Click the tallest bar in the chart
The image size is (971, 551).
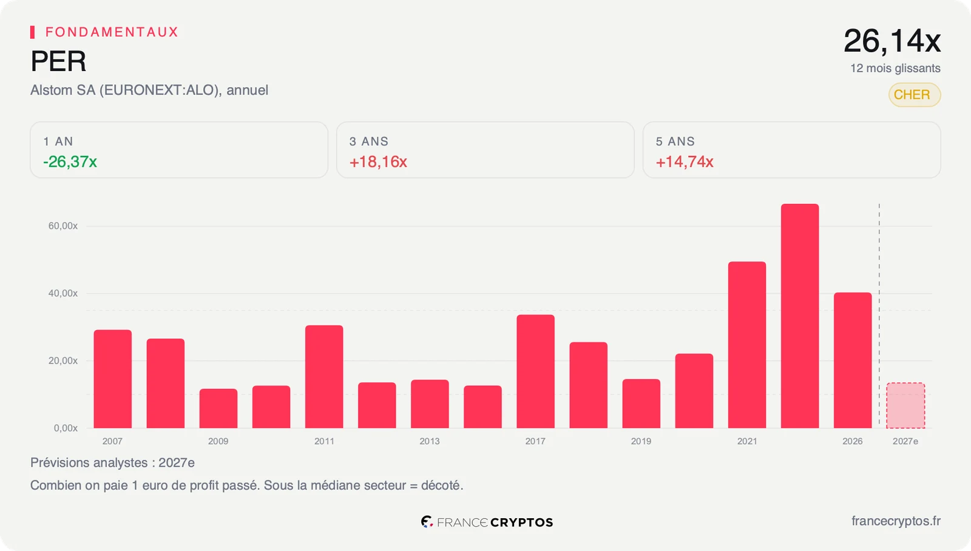pos(800,316)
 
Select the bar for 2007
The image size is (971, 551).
pos(113,379)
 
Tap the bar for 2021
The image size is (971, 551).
pos(747,345)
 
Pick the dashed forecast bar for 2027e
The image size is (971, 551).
pos(905,406)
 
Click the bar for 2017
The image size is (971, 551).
pos(535,371)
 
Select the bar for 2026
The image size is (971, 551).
pos(853,360)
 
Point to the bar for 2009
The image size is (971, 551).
pos(218,408)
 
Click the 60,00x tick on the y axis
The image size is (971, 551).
pos(63,226)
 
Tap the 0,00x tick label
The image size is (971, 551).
pos(66,428)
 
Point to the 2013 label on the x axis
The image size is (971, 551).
pos(430,441)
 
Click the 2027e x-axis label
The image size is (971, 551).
pos(905,441)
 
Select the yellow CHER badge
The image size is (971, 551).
pos(915,95)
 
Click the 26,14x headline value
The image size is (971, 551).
pos(892,41)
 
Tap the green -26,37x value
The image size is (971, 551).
pos(70,161)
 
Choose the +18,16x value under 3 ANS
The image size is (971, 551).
pos(378,161)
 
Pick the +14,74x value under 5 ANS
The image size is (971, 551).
pos(685,161)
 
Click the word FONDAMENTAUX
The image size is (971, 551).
pos(112,32)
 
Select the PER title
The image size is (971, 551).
pos(58,61)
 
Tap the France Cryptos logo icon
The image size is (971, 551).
pos(427,521)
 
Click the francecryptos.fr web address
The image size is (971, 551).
pos(896,521)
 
